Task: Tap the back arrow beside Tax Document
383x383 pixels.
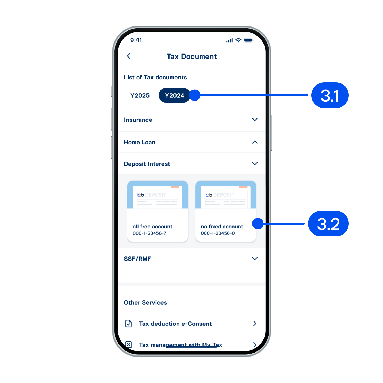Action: [x=129, y=56]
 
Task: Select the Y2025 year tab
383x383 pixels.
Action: [x=140, y=95]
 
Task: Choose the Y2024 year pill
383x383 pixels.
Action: [x=174, y=95]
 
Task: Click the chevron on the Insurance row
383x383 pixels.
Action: [x=255, y=120]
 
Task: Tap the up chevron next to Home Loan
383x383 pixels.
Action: [x=255, y=142]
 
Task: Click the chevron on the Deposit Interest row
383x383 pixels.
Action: [x=255, y=163]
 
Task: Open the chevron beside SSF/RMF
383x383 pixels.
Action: [x=255, y=258]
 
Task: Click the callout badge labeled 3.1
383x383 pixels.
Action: [x=330, y=95]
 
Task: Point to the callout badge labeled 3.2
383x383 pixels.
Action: [x=328, y=224]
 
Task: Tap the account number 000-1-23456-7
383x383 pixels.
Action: [x=150, y=233]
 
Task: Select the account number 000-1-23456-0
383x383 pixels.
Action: [x=218, y=233]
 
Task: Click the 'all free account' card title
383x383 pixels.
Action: [x=152, y=227]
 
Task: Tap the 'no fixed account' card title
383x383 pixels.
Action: [x=222, y=227]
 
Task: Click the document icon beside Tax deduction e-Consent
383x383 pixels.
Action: [x=128, y=323]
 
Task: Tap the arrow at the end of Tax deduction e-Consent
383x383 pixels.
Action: [x=255, y=323]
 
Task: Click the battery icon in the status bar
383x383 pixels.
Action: [x=248, y=40]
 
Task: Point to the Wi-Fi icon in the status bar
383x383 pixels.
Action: [x=238, y=40]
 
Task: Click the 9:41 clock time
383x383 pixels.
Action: [x=136, y=40]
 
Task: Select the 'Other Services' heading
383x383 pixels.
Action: [x=145, y=302]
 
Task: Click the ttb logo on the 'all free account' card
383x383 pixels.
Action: [x=140, y=195]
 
